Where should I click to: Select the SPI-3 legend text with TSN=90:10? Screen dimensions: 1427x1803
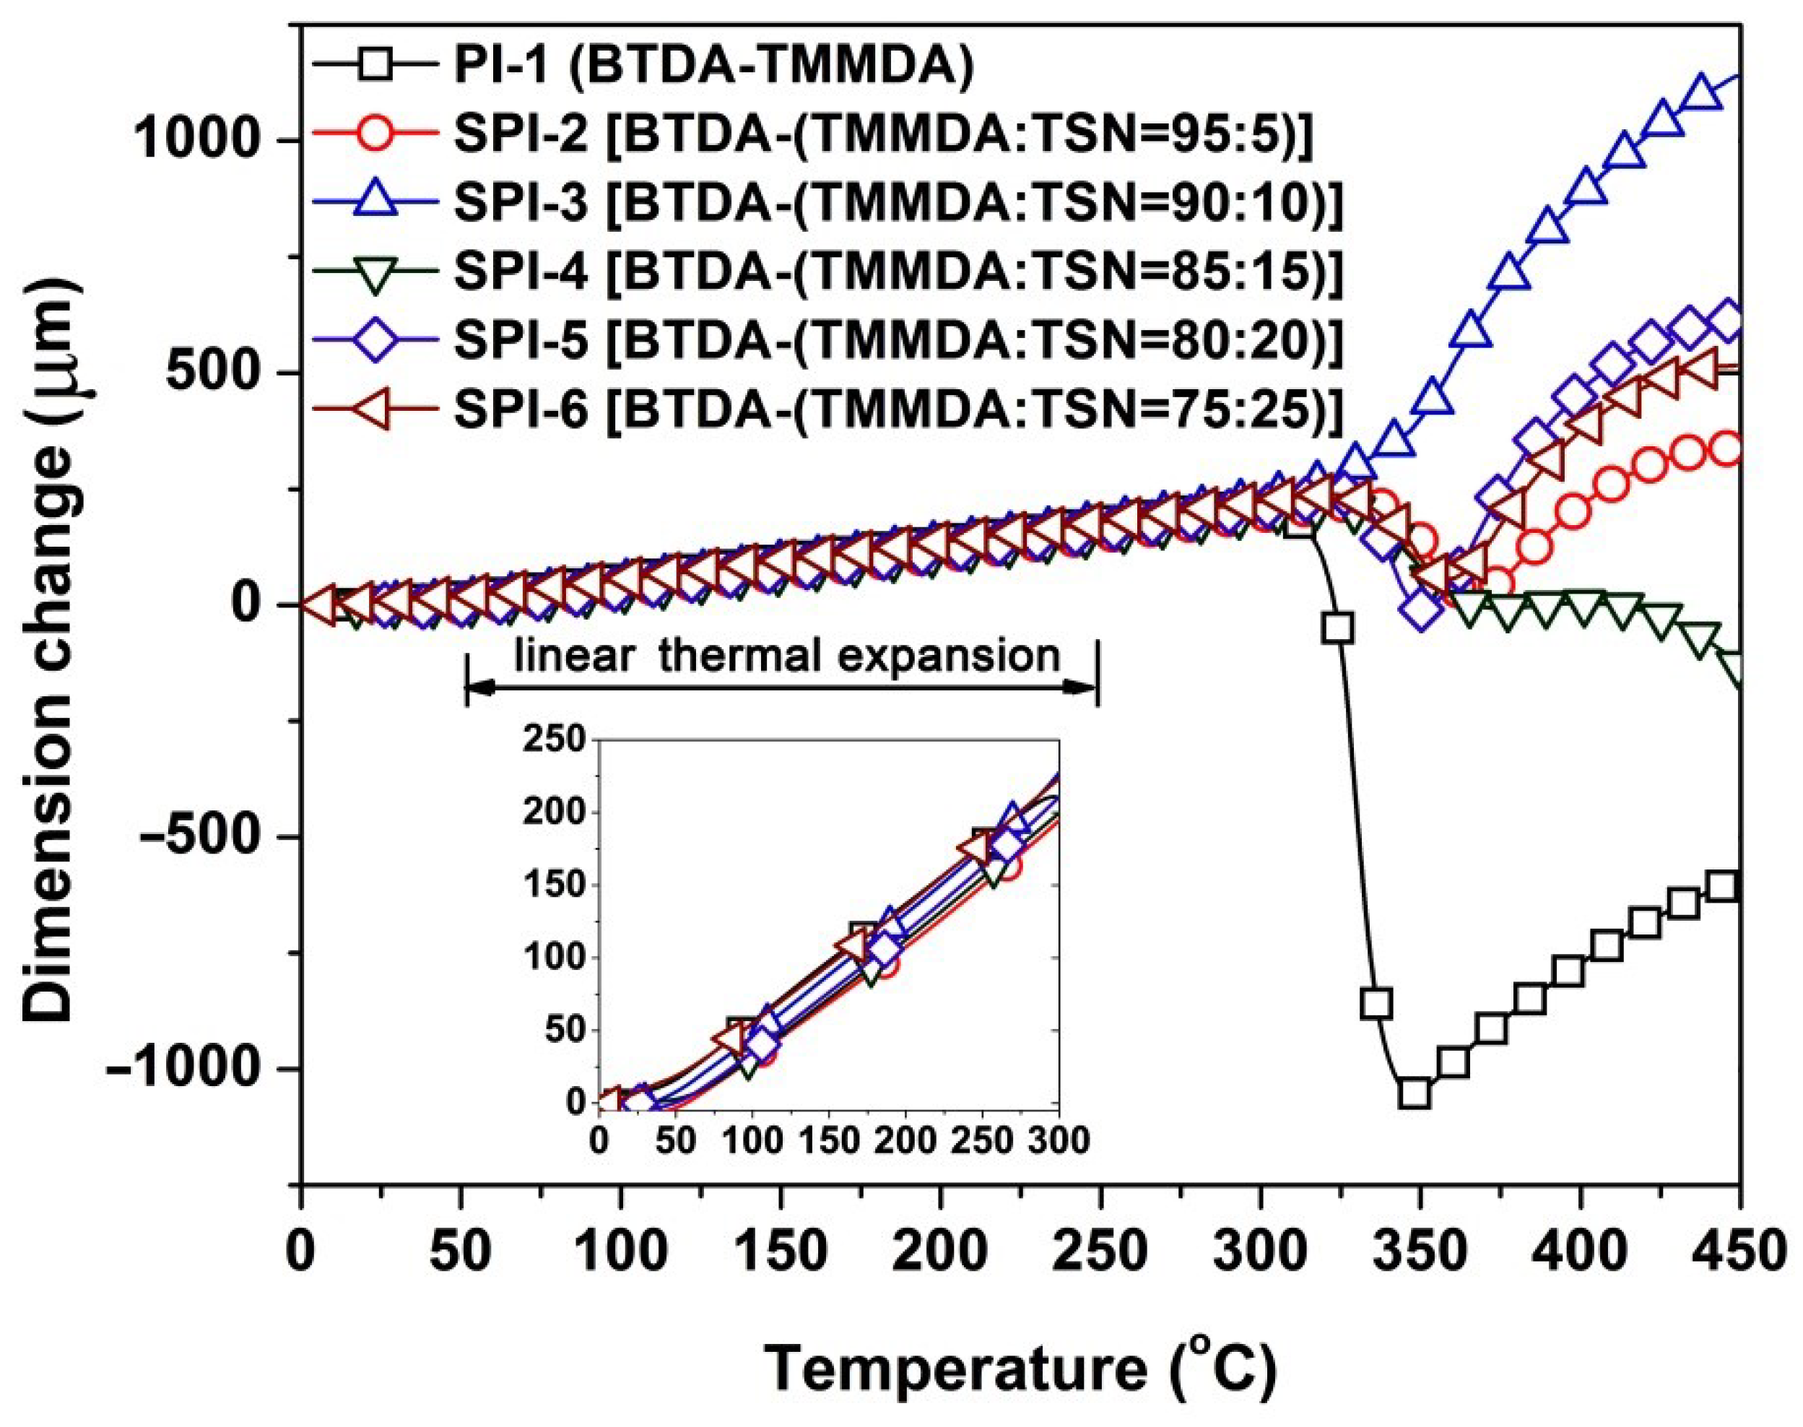click(898, 204)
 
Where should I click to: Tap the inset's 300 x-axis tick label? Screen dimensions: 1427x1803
click(1059, 1140)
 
